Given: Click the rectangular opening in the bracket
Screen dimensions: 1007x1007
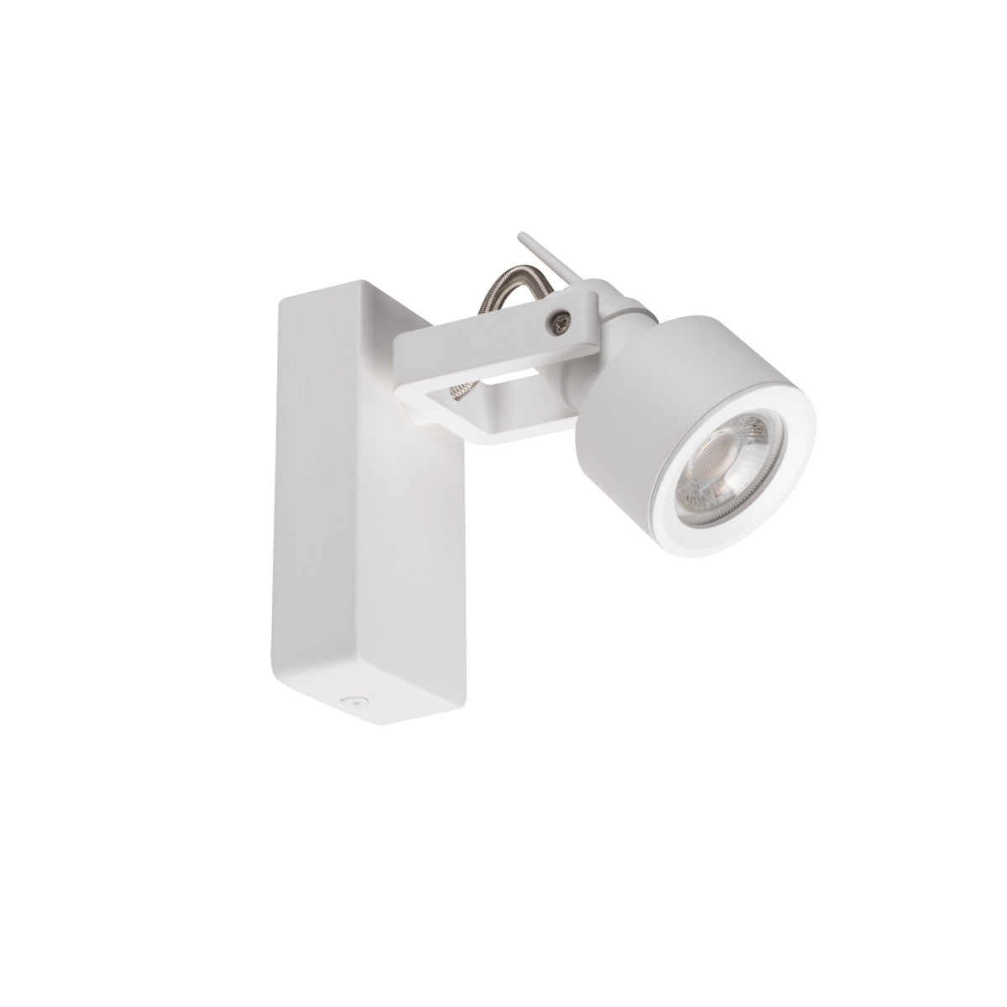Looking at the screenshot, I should (x=503, y=389).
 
